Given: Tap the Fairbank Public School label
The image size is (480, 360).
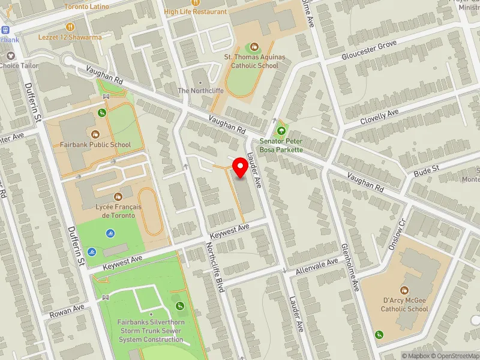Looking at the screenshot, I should click(x=95, y=145).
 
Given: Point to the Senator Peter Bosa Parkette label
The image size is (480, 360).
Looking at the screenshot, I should click(x=281, y=145).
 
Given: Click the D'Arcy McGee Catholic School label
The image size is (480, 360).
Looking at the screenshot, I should click(x=404, y=305).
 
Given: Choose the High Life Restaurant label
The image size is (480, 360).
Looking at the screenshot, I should click(x=195, y=11).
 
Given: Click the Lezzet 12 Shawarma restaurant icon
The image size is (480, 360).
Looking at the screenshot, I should click(x=70, y=26).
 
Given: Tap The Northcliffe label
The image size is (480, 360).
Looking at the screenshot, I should click(x=200, y=91).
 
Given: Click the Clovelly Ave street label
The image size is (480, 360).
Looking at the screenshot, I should click(x=379, y=117).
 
